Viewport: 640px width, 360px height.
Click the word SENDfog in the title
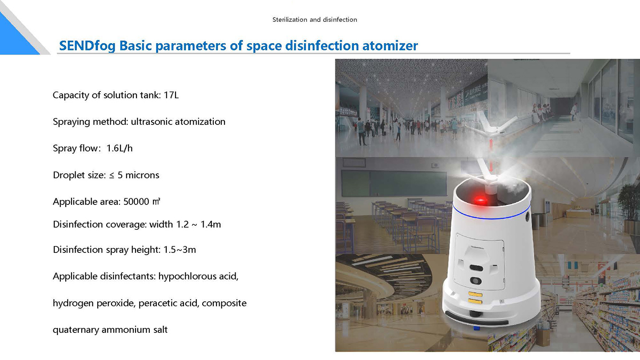[x=87, y=46]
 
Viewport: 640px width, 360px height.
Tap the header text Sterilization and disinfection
[x=315, y=20]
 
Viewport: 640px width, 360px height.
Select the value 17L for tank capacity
[x=171, y=95]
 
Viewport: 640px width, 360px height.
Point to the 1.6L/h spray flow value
[x=120, y=148]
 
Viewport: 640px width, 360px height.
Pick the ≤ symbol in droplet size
[x=112, y=176]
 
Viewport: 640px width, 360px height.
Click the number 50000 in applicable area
[x=136, y=202]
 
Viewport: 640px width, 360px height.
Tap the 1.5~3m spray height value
[x=180, y=250]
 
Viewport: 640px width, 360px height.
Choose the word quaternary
[x=76, y=330]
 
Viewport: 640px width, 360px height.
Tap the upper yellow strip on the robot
[x=475, y=294]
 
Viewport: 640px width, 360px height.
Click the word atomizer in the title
[x=390, y=46]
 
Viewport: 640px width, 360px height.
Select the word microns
[x=142, y=175]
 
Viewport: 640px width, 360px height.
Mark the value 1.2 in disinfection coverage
[x=182, y=224]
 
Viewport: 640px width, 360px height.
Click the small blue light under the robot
[x=476, y=328]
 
